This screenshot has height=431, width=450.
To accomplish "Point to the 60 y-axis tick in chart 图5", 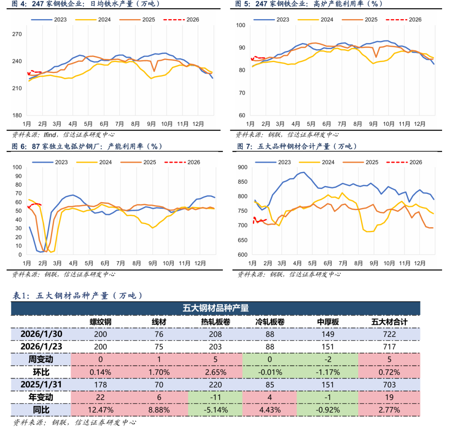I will click(x=240, y=115).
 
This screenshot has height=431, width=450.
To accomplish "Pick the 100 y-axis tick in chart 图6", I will click(x=17, y=167).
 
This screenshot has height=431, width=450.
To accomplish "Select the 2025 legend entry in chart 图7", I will click(x=371, y=162).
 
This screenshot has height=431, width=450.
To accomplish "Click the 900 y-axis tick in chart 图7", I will click(x=242, y=167).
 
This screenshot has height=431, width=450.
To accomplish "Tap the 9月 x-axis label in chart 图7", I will click(x=374, y=263).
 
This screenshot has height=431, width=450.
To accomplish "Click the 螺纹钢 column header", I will click(x=100, y=322).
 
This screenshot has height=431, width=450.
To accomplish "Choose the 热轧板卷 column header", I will click(x=215, y=322).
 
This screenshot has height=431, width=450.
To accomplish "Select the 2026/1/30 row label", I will click(x=41, y=334).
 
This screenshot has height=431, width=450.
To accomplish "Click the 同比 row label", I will click(x=41, y=410).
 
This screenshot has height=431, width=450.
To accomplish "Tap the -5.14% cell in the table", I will click(x=215, y=410).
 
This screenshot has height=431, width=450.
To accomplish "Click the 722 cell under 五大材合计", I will click(x=390, y=334).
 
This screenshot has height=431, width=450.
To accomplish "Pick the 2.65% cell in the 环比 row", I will click(x=215, y=372).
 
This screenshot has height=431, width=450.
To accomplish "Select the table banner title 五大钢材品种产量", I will click(x=215, y=308).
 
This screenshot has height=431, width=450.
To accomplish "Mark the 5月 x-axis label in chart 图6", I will click(x=88, y=263).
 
